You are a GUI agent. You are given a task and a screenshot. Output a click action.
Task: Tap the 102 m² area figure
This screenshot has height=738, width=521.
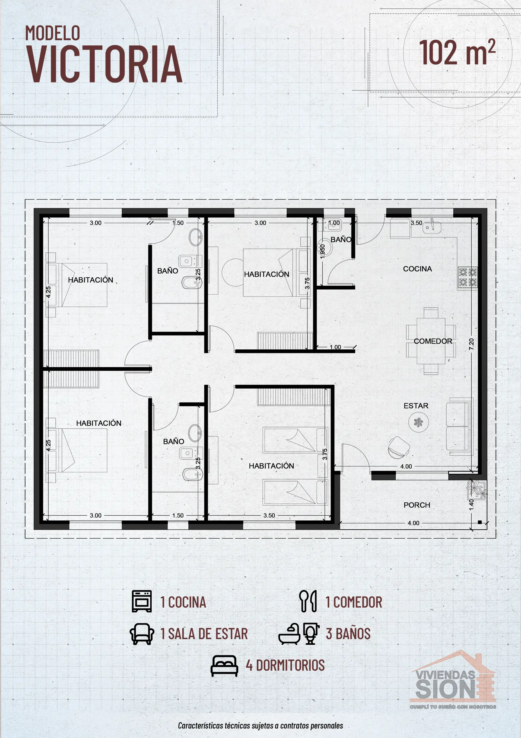click(457, 52)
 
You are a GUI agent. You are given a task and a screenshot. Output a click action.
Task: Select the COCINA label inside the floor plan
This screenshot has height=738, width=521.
click(417, 269)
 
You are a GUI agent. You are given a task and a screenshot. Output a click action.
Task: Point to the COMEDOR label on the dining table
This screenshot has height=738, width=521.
click(433, 341)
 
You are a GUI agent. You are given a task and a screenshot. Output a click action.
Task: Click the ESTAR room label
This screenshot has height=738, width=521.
click(416, 406)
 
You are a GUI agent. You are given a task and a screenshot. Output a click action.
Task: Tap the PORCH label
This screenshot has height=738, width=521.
click(417, 505)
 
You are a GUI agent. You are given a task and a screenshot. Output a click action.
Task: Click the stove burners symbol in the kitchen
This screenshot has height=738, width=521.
click(467, 277)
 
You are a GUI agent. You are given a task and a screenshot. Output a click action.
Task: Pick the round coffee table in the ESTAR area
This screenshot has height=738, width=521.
click(418, 422)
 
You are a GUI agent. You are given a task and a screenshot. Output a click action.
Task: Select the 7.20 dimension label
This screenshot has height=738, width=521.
click(471, 344)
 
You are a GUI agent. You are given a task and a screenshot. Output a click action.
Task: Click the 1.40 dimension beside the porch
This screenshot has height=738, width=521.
click(471, 504)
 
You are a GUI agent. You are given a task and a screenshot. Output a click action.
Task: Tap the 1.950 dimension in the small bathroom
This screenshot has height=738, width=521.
click(323, 251)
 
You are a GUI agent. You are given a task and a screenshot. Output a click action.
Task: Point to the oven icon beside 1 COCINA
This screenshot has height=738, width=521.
click(142, 601)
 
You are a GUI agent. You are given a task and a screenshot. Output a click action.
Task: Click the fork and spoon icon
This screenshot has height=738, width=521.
click(307, 601)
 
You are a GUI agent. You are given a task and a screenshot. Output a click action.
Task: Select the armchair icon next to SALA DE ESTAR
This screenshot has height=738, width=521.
click(142, 634)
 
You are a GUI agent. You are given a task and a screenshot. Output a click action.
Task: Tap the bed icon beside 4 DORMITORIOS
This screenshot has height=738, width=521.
click(224, 666)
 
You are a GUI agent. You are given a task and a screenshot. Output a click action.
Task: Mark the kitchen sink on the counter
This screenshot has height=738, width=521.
click(431, 228)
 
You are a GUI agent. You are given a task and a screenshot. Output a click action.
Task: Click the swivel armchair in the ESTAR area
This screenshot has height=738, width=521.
click(398, 447)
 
